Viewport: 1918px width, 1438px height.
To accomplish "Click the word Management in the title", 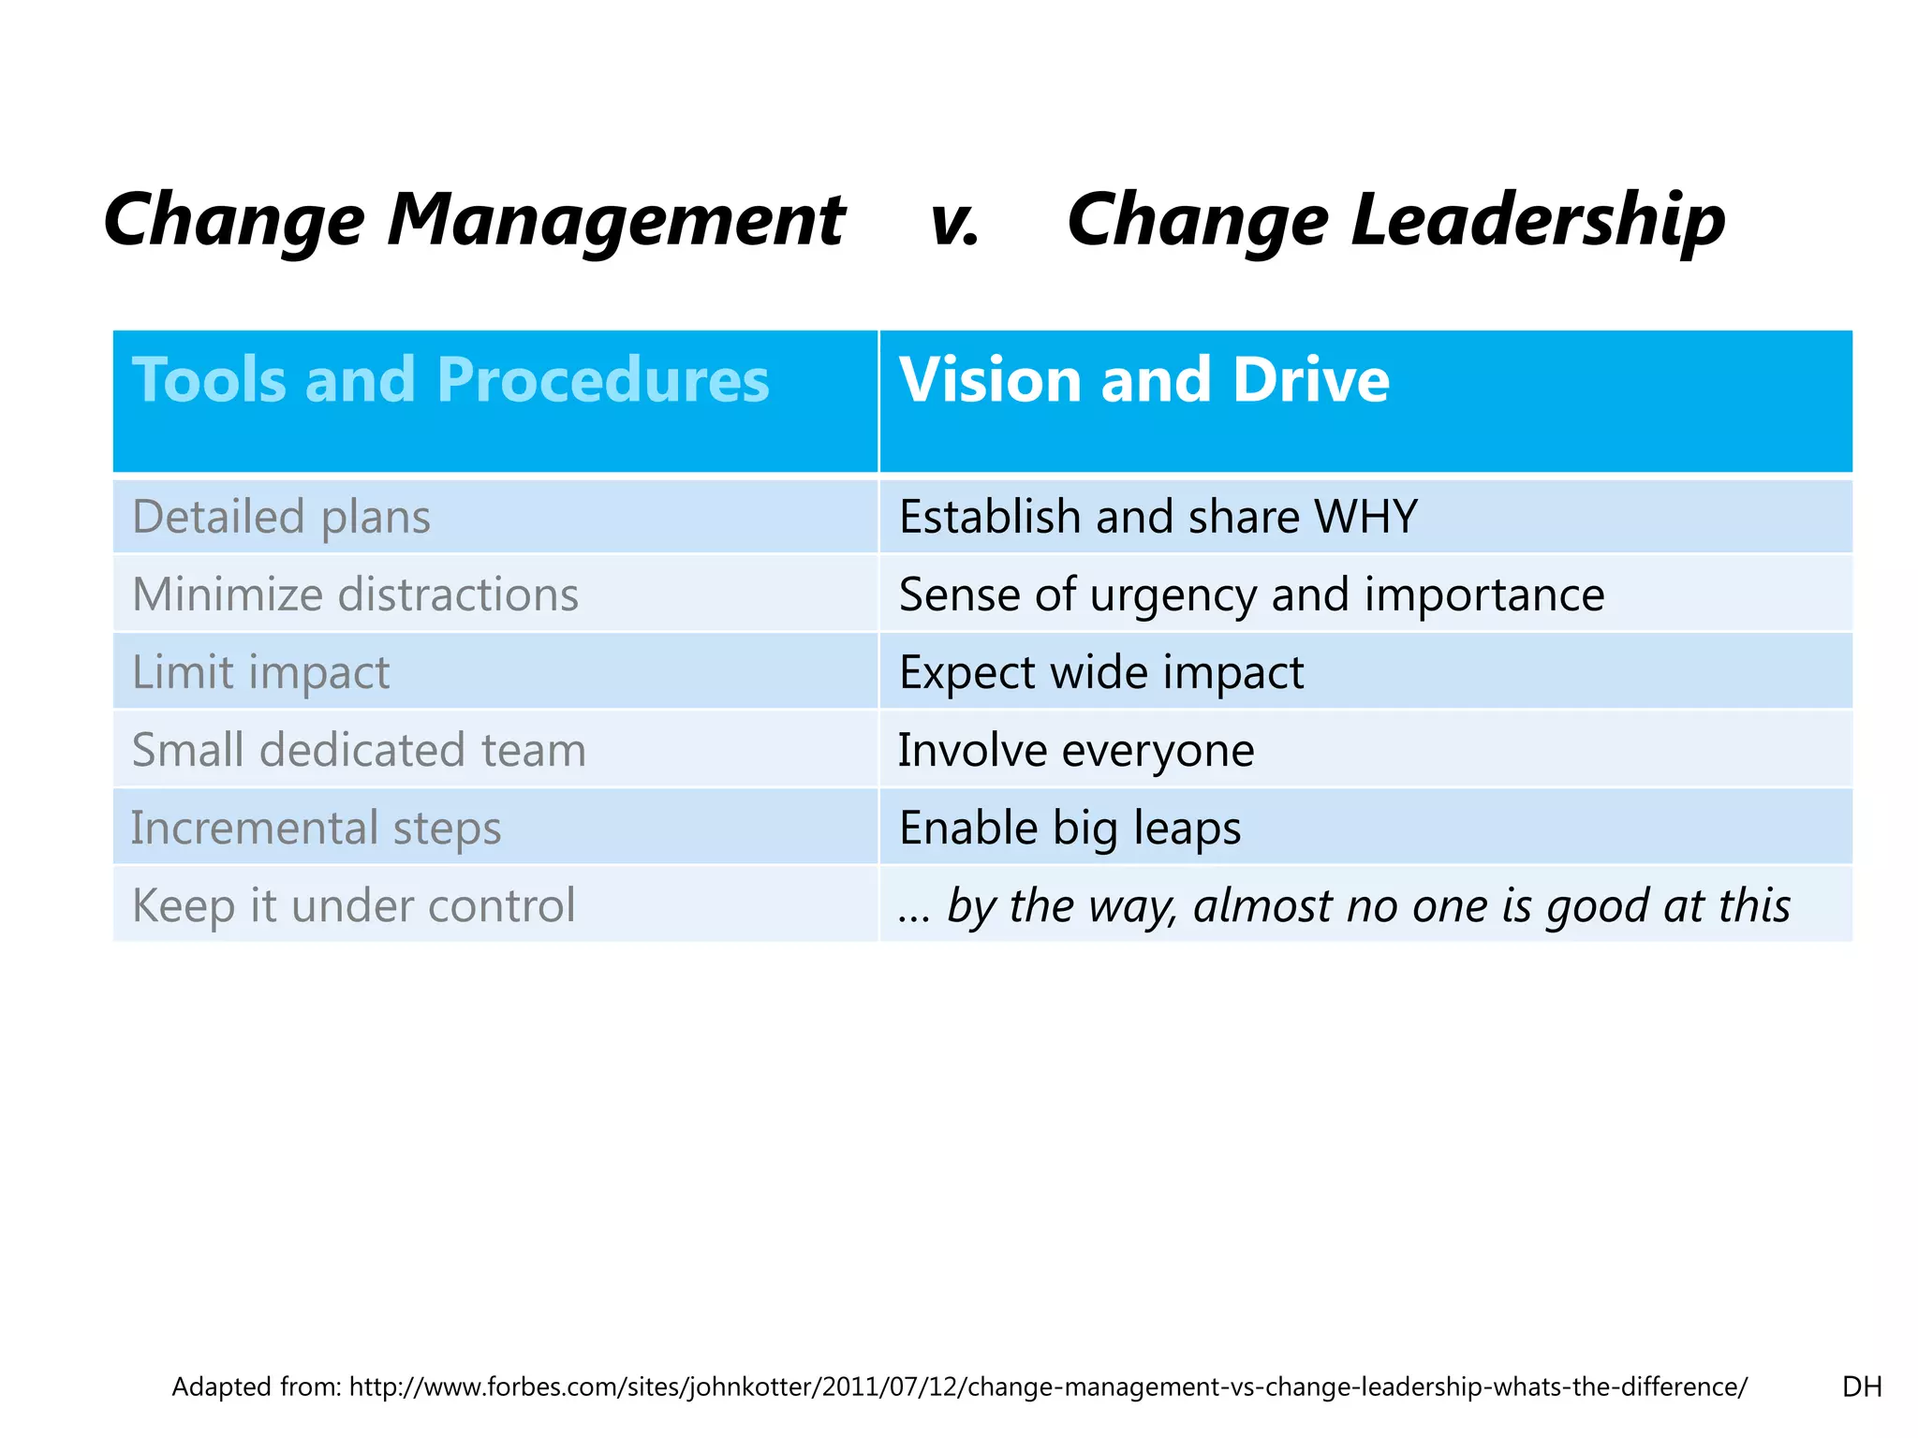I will click(x=616, y=220).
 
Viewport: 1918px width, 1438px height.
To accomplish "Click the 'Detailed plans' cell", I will click(x=281, y=517).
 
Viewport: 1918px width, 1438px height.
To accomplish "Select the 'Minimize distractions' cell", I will click(x=355, y=594).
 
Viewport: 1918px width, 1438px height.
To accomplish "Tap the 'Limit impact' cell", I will click(x=260, y=672).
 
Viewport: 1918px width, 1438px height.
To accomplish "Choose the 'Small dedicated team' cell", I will click(x=359, y=750).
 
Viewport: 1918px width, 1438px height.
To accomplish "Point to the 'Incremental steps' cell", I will click(x=316, y=828).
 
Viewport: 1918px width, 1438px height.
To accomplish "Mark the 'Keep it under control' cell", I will click(x=353, y=905).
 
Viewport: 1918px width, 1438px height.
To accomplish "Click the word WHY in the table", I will click(x=1365, y=517).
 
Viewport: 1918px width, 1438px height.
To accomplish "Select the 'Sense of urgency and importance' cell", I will click(x=1251, y=594).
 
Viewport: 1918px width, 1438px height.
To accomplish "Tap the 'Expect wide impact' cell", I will click(x=1101, y=672).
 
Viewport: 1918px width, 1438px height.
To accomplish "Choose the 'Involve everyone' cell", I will click(x=1076, y=750).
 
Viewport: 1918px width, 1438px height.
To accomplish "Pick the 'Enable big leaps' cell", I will click(x=1070, y=828).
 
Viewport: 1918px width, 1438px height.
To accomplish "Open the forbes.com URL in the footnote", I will click(x=1047, y=1387).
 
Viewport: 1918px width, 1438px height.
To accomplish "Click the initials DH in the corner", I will click(x=1861, y=1387).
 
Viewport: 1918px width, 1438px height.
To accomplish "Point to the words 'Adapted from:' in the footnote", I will click(x=257, y=1387).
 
